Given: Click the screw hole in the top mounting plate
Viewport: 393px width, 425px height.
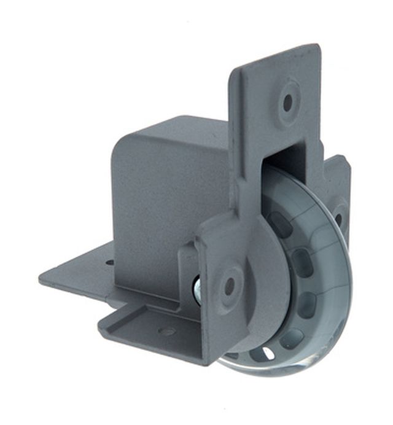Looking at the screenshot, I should [x=287, y=102].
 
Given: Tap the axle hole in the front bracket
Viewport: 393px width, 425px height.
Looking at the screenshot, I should [x=230, y=284].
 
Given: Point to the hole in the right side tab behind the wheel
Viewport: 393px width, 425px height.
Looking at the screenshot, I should [x=338, y=219].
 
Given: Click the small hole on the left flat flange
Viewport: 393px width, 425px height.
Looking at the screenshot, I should [x=109, y=263].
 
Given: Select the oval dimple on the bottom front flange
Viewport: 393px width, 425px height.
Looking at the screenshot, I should [x=167, y=332].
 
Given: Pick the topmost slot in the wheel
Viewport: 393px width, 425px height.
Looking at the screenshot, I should [x=280, y=224].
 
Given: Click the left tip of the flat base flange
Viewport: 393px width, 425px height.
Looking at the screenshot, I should [x=42, y=278].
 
